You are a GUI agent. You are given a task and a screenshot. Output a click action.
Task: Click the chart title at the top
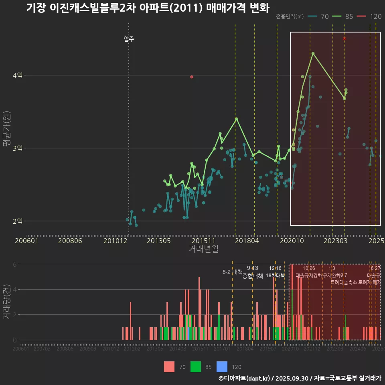pyautogui.click(x=148, y=8)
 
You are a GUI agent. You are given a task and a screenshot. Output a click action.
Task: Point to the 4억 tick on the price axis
pyautogui.click(x=18, y=75)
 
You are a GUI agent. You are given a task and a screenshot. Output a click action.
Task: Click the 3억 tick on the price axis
pyautogui.click(x=18, y=148)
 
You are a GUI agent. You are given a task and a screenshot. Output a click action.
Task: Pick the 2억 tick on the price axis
pyautogui.click(x=18, y=221)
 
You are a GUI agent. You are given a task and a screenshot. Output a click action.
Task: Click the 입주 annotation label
pyautogui.click(x=129, y=39)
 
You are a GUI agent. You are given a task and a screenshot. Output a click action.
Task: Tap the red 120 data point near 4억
pyautogui.click(x=192, y=77)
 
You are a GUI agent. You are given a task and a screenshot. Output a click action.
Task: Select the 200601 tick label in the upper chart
pyautogui.click(x=26, y=241)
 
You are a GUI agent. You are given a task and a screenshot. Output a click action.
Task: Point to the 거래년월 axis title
pyautogui.click(x=203, y=249)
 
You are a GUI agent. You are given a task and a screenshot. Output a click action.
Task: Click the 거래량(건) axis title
pyautogui.click(x=7, y=302)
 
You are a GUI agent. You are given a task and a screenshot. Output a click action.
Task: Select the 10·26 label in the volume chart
pyautogui.click(x=309, y=268)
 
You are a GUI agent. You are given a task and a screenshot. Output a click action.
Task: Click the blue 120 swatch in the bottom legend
pyautogui.click(x=222, y=367)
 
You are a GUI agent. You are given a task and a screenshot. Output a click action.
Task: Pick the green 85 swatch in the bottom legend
pyautogui.click(x=196, y=367)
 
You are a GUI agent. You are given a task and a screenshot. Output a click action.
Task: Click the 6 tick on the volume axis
pyautogui.click(x=15, y=264)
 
